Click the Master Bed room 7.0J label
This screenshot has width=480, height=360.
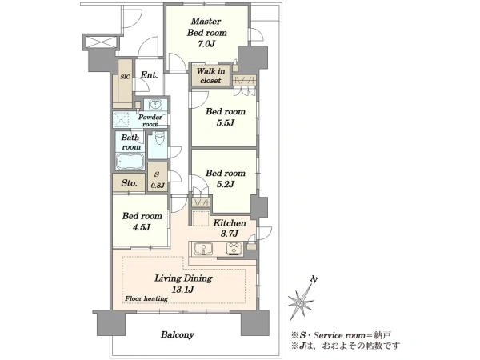207,33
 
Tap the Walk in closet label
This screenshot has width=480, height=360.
210,76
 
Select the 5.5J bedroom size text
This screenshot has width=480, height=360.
226,123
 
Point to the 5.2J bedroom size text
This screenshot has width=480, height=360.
226,184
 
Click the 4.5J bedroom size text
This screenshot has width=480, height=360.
142,227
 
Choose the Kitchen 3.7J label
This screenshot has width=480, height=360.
230,228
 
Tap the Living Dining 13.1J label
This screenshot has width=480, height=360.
183,284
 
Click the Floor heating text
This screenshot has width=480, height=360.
146,298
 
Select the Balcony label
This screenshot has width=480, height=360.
178,334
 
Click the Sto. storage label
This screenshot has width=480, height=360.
129,183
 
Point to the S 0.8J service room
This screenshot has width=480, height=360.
158,179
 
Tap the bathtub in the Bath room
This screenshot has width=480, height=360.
130,161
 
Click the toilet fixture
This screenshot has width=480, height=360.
159,138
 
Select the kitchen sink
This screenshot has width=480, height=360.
202,249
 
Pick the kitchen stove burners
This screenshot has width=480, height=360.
234,248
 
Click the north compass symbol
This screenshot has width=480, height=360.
301,298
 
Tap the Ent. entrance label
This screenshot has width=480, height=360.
149,74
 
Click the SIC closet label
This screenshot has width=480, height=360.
125,77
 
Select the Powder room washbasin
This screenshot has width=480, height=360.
156,105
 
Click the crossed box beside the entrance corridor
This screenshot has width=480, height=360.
101,42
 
